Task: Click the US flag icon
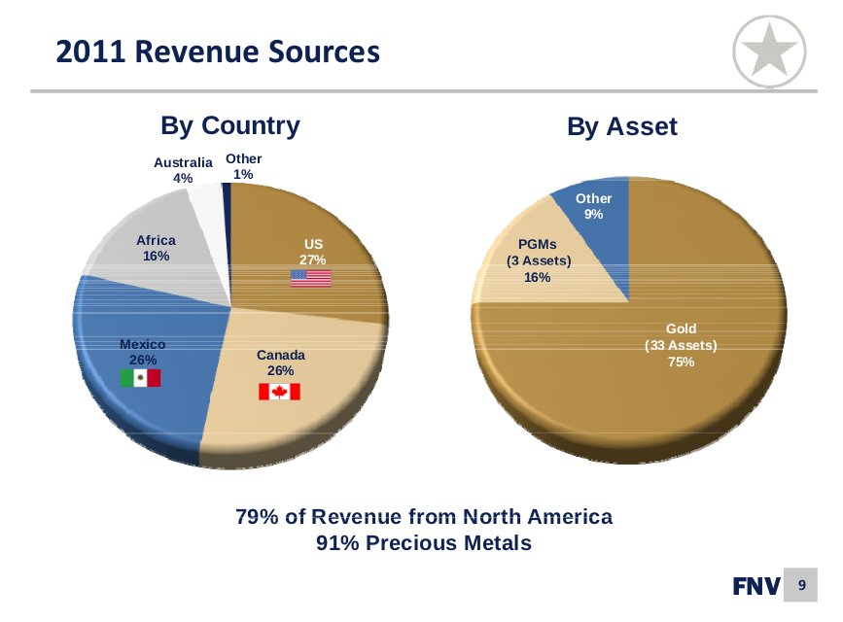click(x=311, y=278)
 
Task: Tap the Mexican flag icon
click(x=140, y=378)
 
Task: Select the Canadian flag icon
click(x=279, y=391)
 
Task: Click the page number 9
click(x=802, y=585)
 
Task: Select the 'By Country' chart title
click(x=229, y=125)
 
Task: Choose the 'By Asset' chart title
click(x=622, y=126)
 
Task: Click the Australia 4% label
click(x=183, y=170)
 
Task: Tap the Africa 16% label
click(x=156, y=248)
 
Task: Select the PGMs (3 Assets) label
click(x=538, y=260)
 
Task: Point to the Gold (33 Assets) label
click(x=681, y=345)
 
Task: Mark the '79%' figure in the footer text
click(x=257, y=516)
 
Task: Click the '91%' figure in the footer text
click(x=338, y=543)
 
